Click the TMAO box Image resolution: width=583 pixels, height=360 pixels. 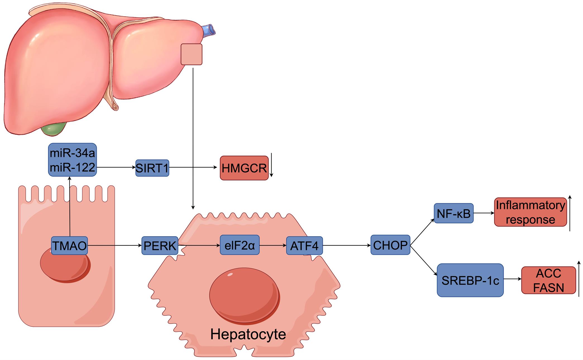(x=69, y=246)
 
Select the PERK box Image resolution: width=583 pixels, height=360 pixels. (x=160, y=246)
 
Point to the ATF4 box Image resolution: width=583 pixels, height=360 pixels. (x=304, y=246)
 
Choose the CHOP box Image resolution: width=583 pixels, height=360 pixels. (x=390, y=245)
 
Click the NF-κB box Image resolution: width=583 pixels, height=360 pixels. (x=454, y=213)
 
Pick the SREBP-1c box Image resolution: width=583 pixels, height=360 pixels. (x=470, y=280)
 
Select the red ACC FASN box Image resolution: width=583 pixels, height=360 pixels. (x=548, y=280)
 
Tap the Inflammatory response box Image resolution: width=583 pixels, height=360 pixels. (x=530, y=212)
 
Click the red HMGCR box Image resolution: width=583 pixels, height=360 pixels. (x=244, y=168)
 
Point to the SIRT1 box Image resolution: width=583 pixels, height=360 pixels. (x=152, y=168)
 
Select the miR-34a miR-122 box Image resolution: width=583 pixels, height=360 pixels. (x=72, y=160)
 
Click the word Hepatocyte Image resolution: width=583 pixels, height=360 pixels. (x=248, y=334)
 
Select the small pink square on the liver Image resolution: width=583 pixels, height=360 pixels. (x=191, y=54)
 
